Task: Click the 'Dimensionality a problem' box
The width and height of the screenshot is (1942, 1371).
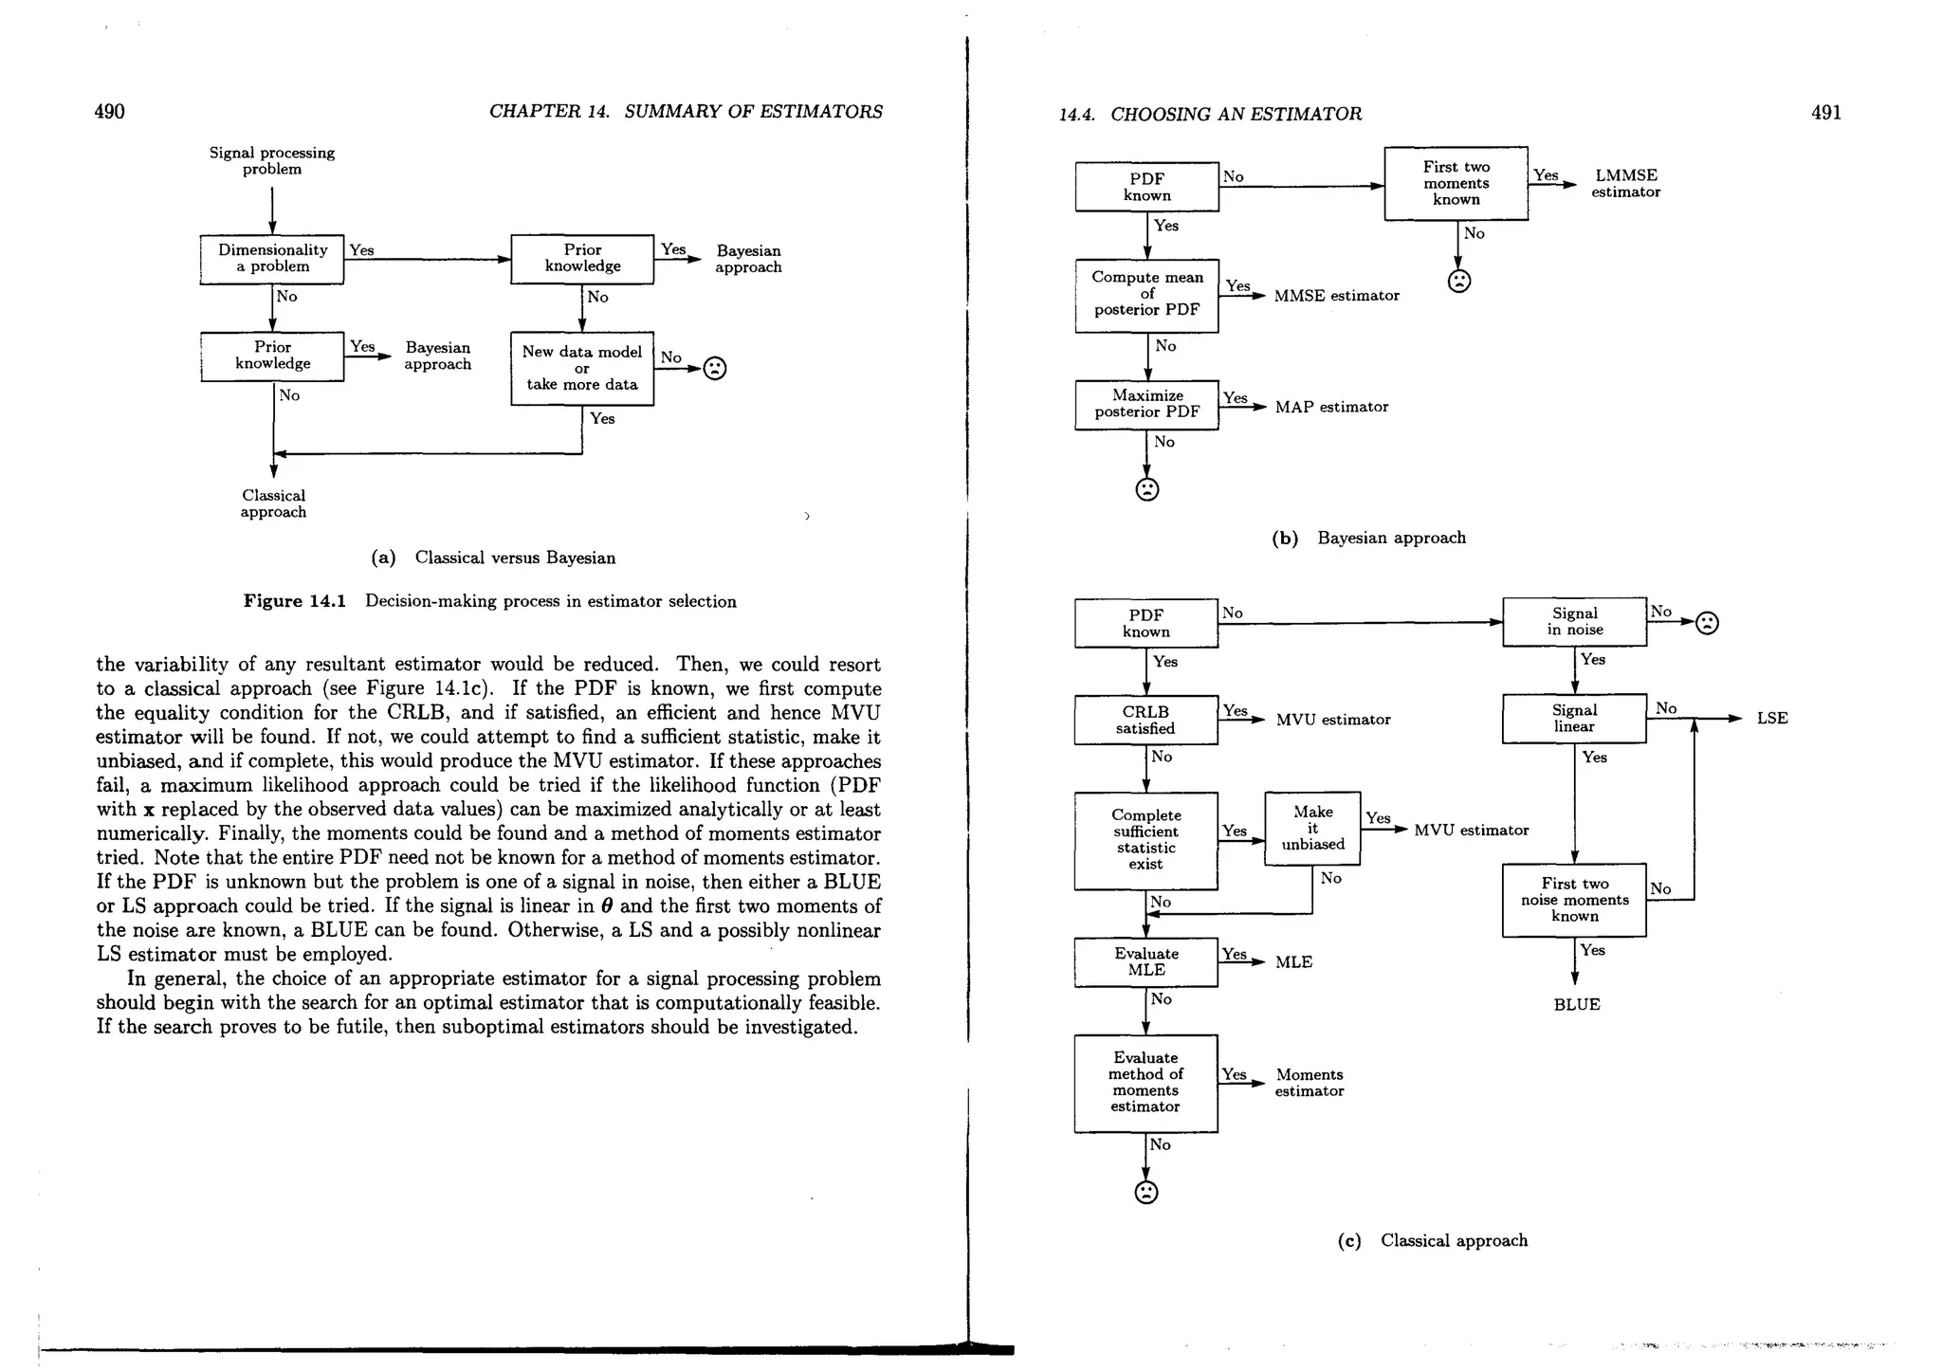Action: [x=272, y=259]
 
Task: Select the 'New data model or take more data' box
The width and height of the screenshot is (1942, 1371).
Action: [x=582, y=368]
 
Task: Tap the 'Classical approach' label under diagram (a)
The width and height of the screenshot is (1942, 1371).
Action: [x=273, y=503]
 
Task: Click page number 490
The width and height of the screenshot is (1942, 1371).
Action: [x=109, y=112]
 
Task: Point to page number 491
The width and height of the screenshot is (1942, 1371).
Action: [x=1825, y=113]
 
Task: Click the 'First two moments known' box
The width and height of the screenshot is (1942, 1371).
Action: [x=1456, y=183]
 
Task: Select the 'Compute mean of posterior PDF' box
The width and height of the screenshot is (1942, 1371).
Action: [x=1146, y=295]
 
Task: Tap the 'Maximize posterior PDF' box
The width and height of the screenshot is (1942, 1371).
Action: [x=1146, y=404]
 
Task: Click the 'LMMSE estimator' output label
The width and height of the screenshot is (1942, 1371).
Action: [x=1625, y=183]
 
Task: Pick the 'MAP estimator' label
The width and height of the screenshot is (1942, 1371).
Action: [x=1331, y=407]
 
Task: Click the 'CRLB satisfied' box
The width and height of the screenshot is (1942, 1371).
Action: [x=1145, y=720]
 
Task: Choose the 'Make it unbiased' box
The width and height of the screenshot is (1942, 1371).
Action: [x=1312, y=828]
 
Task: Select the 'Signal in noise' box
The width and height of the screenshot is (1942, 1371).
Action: [x=1574, y=621]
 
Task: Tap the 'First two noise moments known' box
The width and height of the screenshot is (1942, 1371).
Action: [x=1574, y=900]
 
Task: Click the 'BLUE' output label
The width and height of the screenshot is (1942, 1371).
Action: [x=1576, y=1005]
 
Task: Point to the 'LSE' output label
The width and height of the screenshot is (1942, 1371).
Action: [x=1771, y=719]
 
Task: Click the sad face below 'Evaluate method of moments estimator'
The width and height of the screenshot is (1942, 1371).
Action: [x=1146, y=1192]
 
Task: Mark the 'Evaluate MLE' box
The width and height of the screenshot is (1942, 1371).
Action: [x=1145, y=961]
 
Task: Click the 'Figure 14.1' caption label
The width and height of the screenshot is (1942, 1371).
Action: [x=295, y=601]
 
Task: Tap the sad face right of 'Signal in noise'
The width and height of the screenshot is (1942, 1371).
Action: [x=1707, y=623]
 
